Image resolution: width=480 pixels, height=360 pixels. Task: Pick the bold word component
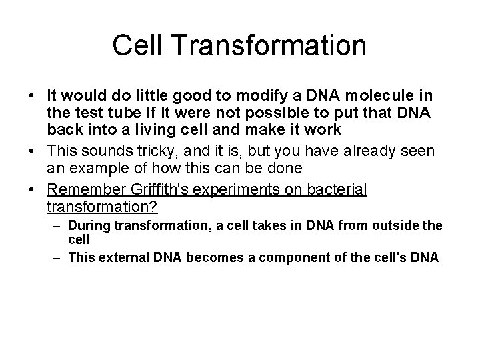pos(287,257)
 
